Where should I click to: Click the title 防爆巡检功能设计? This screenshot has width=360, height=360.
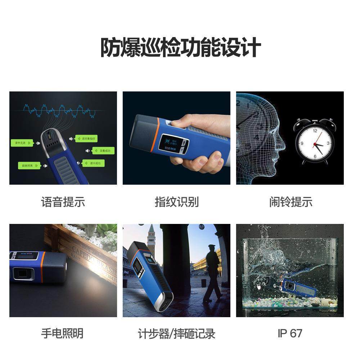180,48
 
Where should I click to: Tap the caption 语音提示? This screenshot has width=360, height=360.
63,202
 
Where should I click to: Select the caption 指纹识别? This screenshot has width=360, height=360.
176,202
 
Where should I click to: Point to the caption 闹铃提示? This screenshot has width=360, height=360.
291,202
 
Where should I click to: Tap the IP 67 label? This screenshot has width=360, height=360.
290,333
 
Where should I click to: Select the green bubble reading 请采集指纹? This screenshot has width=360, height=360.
87,139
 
